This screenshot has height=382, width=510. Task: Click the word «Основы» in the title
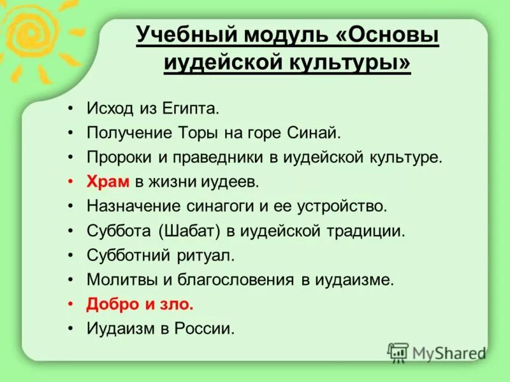[x=386, y=37]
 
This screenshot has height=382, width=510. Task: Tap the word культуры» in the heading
[x=356, y=64]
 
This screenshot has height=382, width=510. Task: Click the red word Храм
[x=108, y=182]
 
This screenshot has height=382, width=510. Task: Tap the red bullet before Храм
[x=71, y=182]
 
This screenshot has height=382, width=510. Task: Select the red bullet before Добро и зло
[x=71, y=304]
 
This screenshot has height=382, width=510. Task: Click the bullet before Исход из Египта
[x=71, y=109]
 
